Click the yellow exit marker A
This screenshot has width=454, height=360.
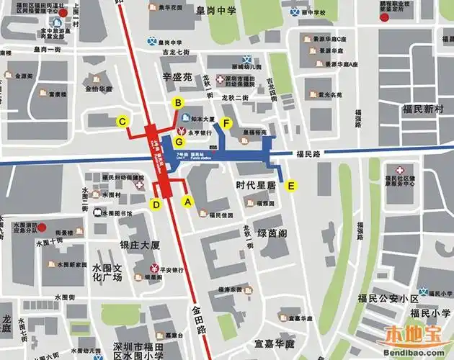188,202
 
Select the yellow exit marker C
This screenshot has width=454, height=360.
124,122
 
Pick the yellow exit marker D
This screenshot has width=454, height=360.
156,204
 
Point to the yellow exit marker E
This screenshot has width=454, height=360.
291,186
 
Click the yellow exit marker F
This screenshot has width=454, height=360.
226,123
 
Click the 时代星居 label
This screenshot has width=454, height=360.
256,185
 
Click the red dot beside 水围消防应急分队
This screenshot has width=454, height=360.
43,228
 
